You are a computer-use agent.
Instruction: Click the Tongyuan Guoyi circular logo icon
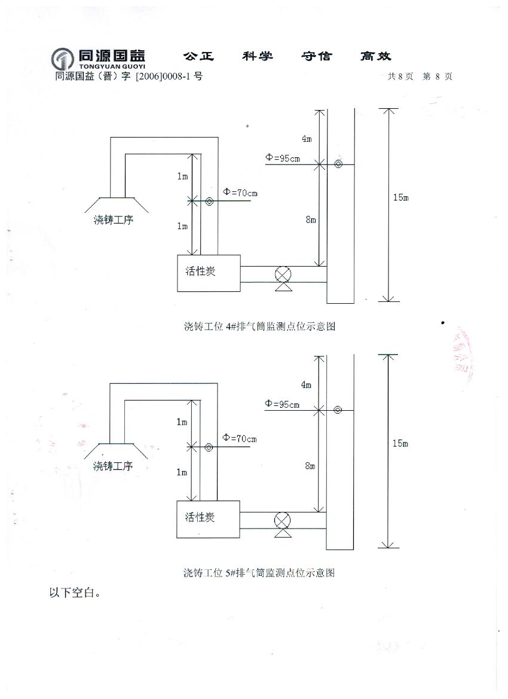click(x=63, y=59)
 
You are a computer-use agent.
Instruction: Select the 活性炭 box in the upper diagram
click(x=209, y=273)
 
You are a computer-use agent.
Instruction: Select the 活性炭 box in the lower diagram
click(x=208, y=519)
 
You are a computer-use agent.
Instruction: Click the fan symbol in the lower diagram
click(x=281, y=520)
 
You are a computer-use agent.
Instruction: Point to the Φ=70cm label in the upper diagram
click(x=240, y=193)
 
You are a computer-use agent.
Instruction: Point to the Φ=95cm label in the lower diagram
click(x=282, y=404)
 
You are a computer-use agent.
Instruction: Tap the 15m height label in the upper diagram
click(x=400, y=198)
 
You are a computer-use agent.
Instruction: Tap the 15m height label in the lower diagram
click(x=400, y=443)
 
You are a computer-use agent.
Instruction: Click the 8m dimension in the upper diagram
click(x=310, y=220)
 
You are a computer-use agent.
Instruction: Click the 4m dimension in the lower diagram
click(x=306, y=385)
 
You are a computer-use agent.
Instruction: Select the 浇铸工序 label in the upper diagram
click(x=114, y=219)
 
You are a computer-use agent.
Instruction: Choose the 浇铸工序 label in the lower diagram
click(x=113, y=466)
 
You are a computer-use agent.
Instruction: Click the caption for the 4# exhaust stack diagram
click(x=259, y=326)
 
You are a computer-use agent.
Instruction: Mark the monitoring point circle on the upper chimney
click(x=338, y=164)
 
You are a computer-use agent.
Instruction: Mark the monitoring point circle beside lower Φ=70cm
click(x=209, y=447)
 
